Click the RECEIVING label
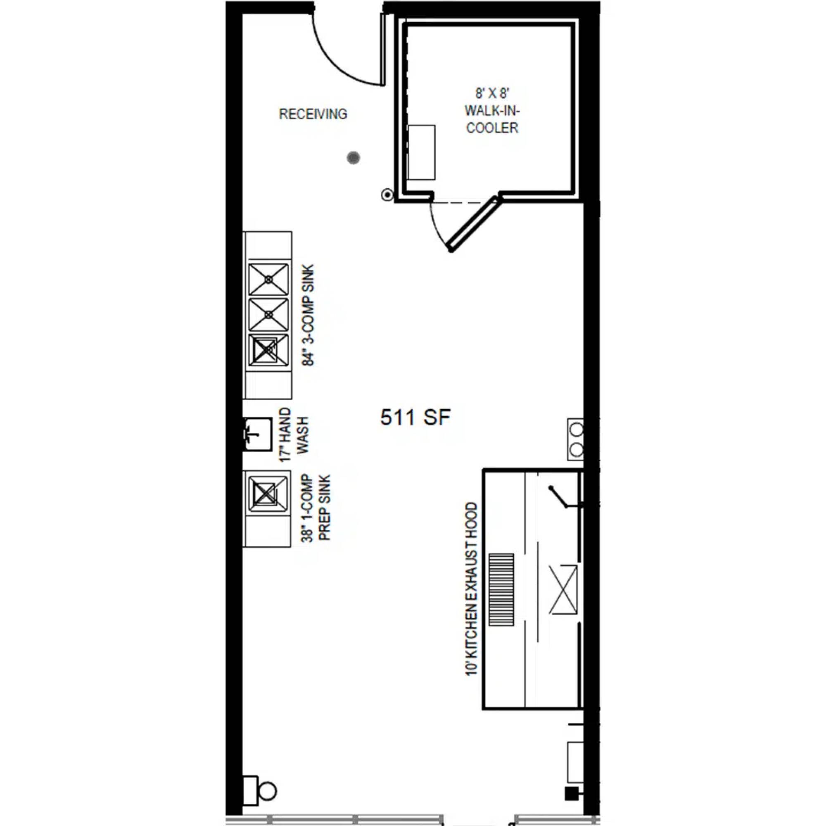coord(313,114)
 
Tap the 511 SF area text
coord(415,417)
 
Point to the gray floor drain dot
coord(353,158)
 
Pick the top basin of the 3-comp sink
coord(268,279)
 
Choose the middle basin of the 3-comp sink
coord(268,315)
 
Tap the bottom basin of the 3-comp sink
coord(268,350)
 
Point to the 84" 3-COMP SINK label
coord(308,315)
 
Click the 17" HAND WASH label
coord(293,434)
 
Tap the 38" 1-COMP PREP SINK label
coord(316,508)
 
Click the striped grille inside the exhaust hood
coord(501,590)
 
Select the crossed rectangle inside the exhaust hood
coord(563,590)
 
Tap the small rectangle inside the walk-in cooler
coord(422,152)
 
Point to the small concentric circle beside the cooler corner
coord(387,195)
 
